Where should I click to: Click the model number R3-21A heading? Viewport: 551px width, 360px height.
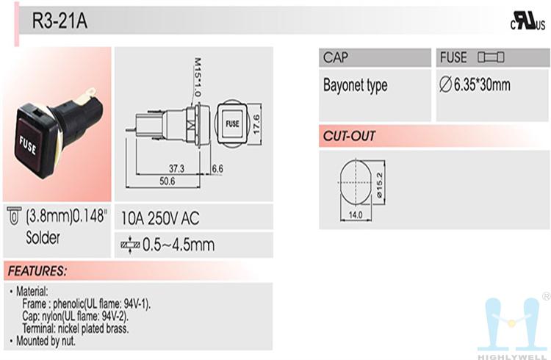60,21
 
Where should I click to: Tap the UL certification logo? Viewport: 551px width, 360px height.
527,21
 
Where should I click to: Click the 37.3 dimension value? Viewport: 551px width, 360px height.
176,169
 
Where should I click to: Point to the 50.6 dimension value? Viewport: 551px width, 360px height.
167,181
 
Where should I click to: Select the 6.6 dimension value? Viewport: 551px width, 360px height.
217,169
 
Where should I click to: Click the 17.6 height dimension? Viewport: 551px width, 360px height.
256,124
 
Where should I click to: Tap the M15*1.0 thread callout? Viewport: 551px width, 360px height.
197,77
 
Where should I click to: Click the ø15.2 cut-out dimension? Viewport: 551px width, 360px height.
380,184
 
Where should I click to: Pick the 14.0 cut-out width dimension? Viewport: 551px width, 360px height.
356,215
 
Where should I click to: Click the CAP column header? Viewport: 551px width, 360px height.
336,57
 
